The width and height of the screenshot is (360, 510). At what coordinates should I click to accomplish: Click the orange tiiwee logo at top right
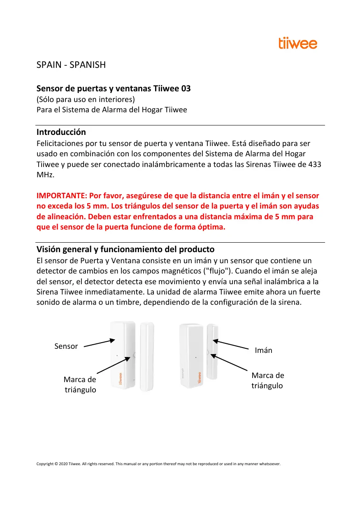298,43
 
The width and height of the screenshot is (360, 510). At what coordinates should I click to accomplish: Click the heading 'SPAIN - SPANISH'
71,65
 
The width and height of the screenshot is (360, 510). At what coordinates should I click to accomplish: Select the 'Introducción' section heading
61,132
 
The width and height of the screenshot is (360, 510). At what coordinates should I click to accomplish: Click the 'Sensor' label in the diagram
66,346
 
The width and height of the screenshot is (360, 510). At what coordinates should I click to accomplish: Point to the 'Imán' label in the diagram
264,350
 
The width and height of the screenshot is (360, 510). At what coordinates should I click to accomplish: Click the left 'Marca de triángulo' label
80,385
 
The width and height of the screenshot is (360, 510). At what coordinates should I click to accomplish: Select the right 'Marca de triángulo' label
267,380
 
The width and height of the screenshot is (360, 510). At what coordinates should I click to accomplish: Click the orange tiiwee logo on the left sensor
121,378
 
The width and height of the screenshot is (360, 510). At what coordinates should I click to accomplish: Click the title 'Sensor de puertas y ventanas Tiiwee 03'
114,88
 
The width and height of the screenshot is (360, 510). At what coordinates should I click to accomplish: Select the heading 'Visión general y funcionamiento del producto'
125,250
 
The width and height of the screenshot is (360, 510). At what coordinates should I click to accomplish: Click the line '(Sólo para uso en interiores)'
86,100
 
